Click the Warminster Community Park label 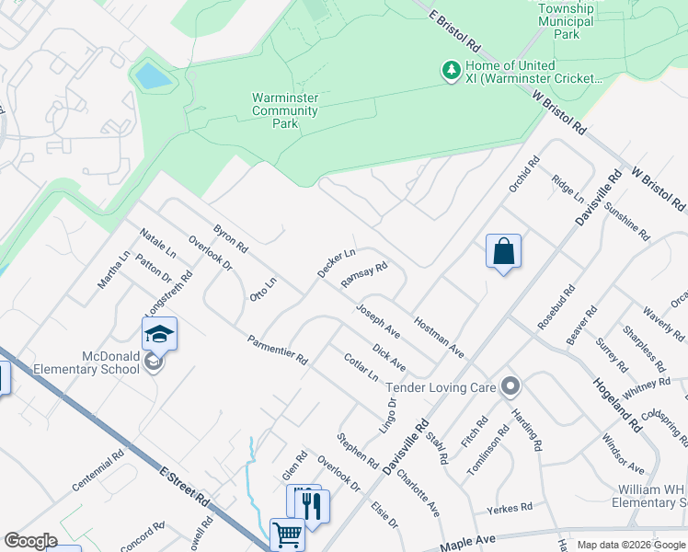(285, 110)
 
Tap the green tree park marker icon (451, 70)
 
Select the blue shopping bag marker (503, 250)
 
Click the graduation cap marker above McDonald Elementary (158, 333)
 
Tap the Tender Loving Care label (441, 387)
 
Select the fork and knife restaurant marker (310, 503)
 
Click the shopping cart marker (287, 533)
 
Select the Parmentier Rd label (277, 350)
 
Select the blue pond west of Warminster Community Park (154, 76)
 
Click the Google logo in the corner (30, 541)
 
